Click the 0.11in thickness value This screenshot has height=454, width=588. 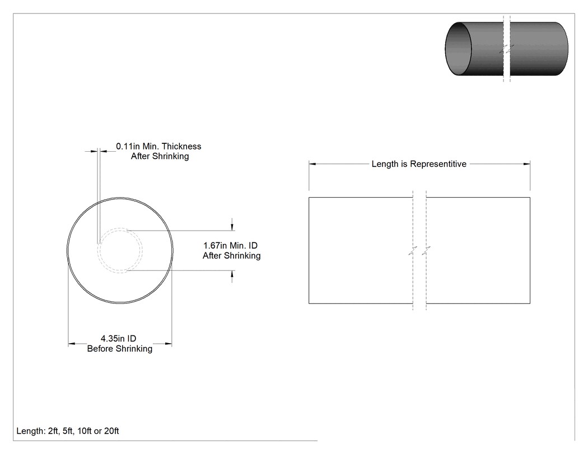coord(128,146)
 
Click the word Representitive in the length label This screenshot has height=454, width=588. coord(438,164)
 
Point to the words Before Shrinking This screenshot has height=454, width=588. coord(120,349)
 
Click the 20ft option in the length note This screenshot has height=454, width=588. coord(111,431)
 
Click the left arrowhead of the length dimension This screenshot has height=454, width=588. coord(312,164)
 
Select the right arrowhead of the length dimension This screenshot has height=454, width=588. coord(526,164)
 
